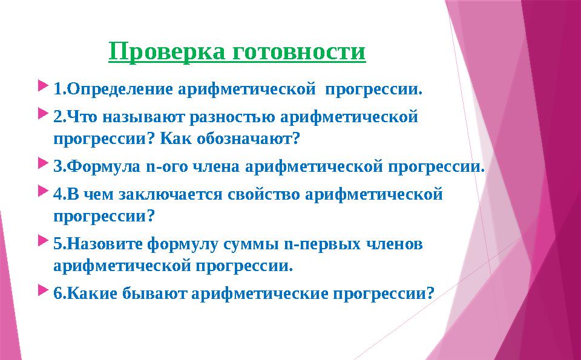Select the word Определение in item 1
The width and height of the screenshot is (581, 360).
pos(120,90)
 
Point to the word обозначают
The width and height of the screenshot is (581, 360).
pos(248,139)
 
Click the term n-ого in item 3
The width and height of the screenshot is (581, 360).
pos(168,166)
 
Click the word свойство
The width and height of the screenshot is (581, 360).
pos(263,194)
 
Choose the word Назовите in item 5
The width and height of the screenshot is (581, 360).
pos(105,244)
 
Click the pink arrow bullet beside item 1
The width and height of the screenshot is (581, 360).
pos(43,85)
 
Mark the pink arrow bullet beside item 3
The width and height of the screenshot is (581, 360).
pos(43,162)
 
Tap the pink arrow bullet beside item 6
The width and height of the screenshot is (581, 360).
pos(43,290)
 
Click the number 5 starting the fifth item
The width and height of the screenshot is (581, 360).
pos(58,244)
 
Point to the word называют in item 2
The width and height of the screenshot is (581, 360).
pos(143,117)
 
